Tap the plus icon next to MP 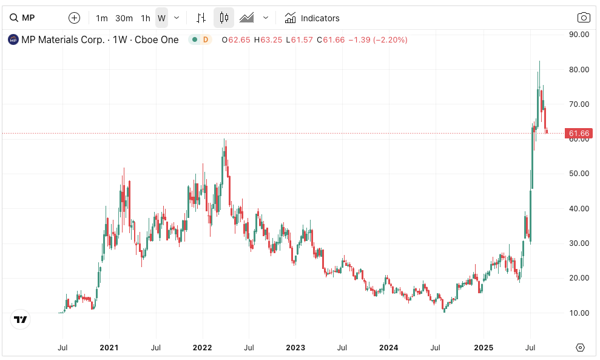click(74, 18)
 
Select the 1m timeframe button click(102, 18)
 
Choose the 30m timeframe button click(124, 18)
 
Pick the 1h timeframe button click(146, 18)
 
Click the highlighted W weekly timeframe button click(161, 18)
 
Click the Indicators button click(312, 18)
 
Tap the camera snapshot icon click(584, 18)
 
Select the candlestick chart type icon click(224, 18)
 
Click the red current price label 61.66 click(578, 133)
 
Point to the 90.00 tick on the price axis click(578, 34)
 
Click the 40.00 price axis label click(578, 208)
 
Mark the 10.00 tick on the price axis click(578, 313)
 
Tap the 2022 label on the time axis click(202, 348)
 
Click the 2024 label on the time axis click(388, 348)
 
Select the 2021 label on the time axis click(109, 348)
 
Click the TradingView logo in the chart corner click(21, 319)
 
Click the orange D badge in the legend click(205, 40)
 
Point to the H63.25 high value click(268, 40)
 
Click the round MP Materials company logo click(13, 40)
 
